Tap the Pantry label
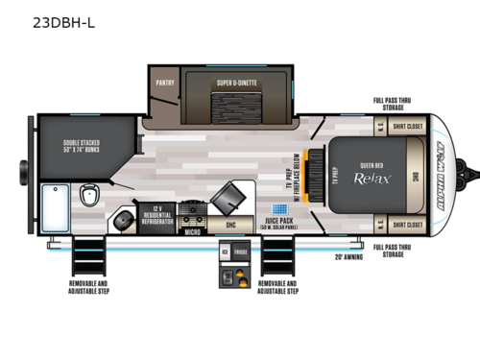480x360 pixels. click(164, 84)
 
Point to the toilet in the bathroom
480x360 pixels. click(89, 195)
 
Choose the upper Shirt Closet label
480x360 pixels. click(407, 125)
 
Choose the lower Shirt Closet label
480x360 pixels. click(407, 225)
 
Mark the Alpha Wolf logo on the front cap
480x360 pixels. click(442, 174)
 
